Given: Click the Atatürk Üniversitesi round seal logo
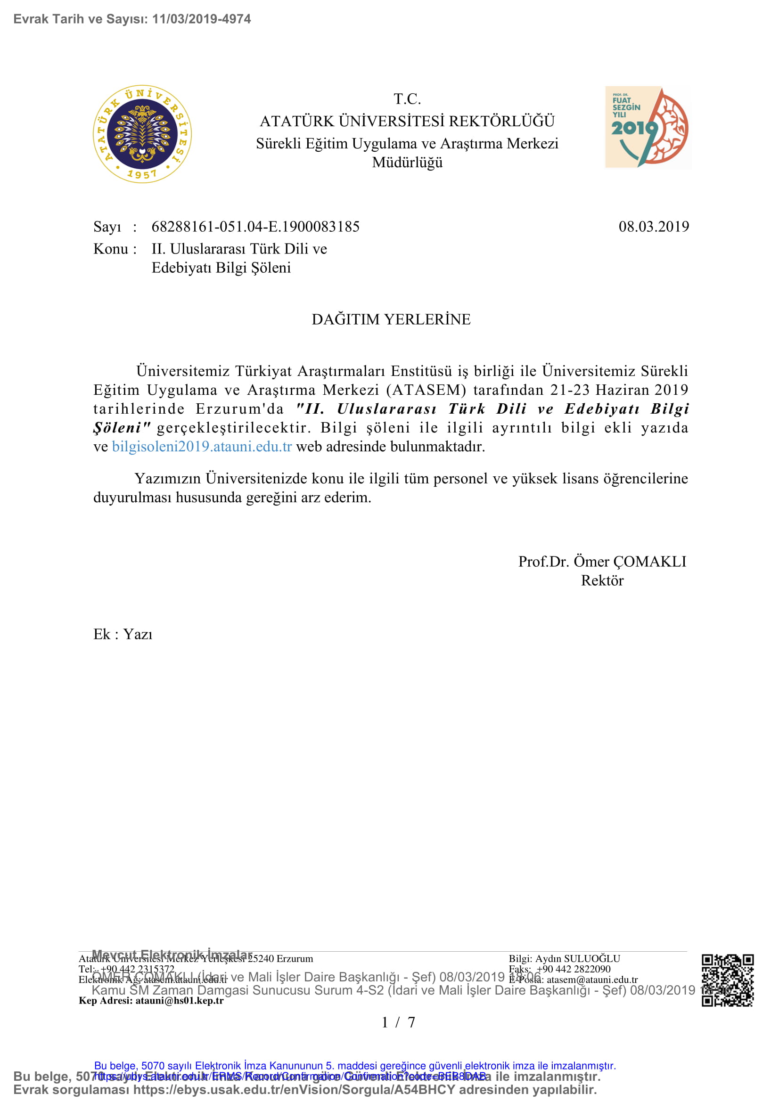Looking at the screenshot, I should (142, 134).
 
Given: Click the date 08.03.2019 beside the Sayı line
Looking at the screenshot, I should (653, 227).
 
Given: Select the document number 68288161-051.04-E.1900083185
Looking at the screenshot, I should (255, 227).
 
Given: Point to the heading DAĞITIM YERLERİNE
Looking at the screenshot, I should (391, 319).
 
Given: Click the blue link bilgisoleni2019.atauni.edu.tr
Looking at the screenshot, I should (202, 446).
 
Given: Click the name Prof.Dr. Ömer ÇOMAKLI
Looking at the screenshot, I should (602, 562).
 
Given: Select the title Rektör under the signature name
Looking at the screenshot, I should (602, 580).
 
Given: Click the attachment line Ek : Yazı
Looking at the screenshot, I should (123, 634).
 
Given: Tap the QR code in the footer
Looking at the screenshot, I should (727, 980).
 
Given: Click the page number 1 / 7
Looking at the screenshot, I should (398, 1022).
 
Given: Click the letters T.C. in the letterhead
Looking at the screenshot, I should (407, 99).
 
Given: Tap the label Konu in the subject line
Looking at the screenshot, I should (110, 249).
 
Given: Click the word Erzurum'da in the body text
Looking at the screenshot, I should (239, 409).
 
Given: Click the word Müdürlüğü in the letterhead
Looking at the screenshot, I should (407, 162).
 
